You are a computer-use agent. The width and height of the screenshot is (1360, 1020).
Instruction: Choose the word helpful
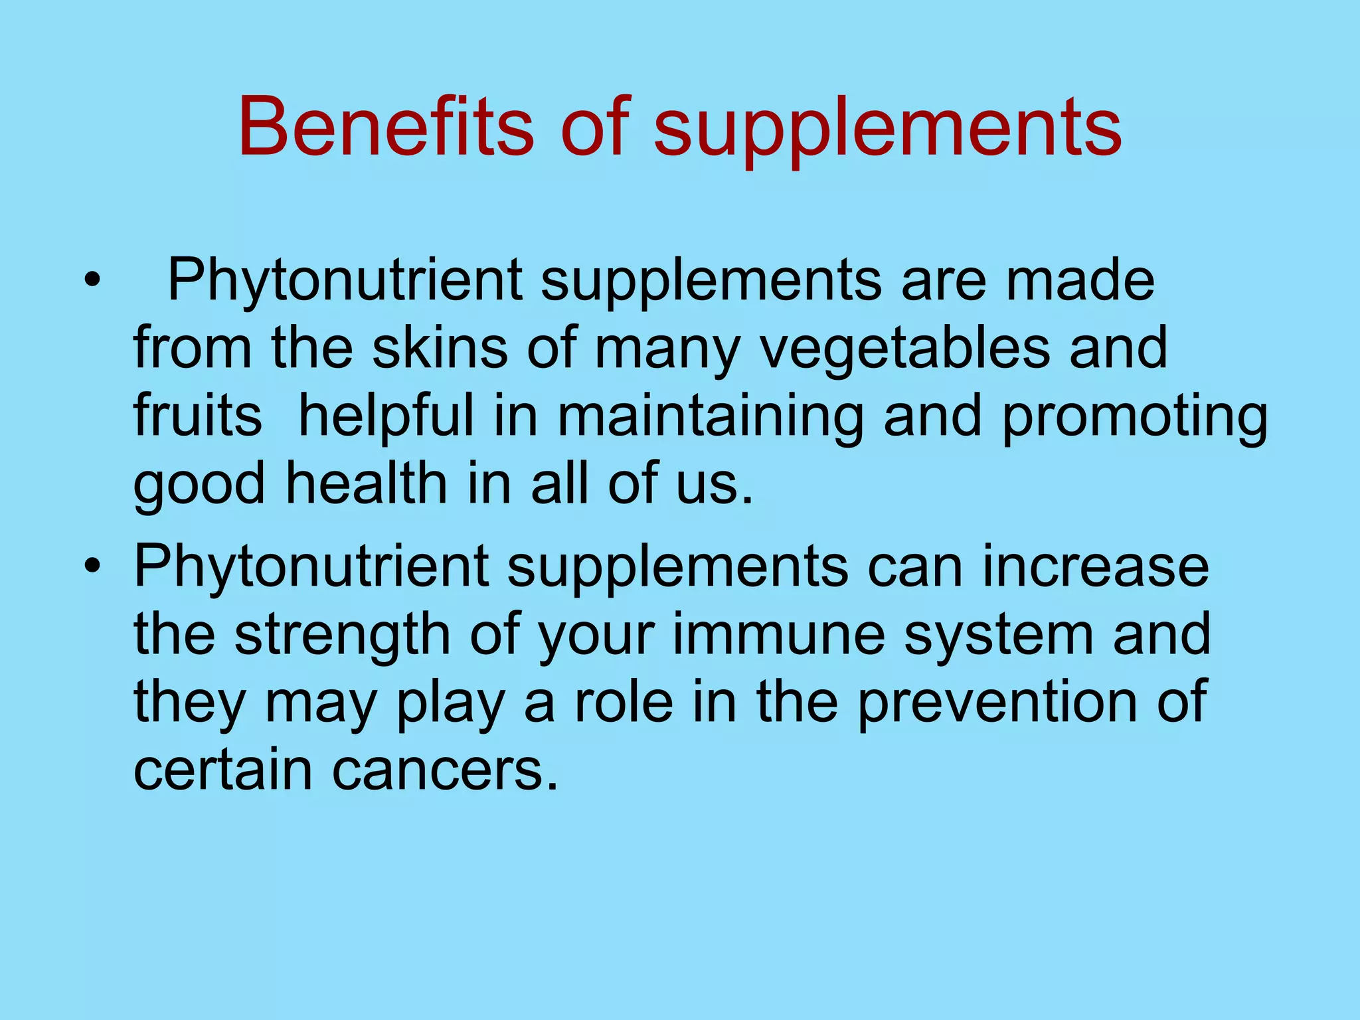pos(386,418)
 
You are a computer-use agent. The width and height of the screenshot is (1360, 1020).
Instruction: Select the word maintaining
pos(710,418)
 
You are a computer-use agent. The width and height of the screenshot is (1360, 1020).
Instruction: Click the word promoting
pos(1134,418)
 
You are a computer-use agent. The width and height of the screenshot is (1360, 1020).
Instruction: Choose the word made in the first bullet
pos(1080,280)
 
